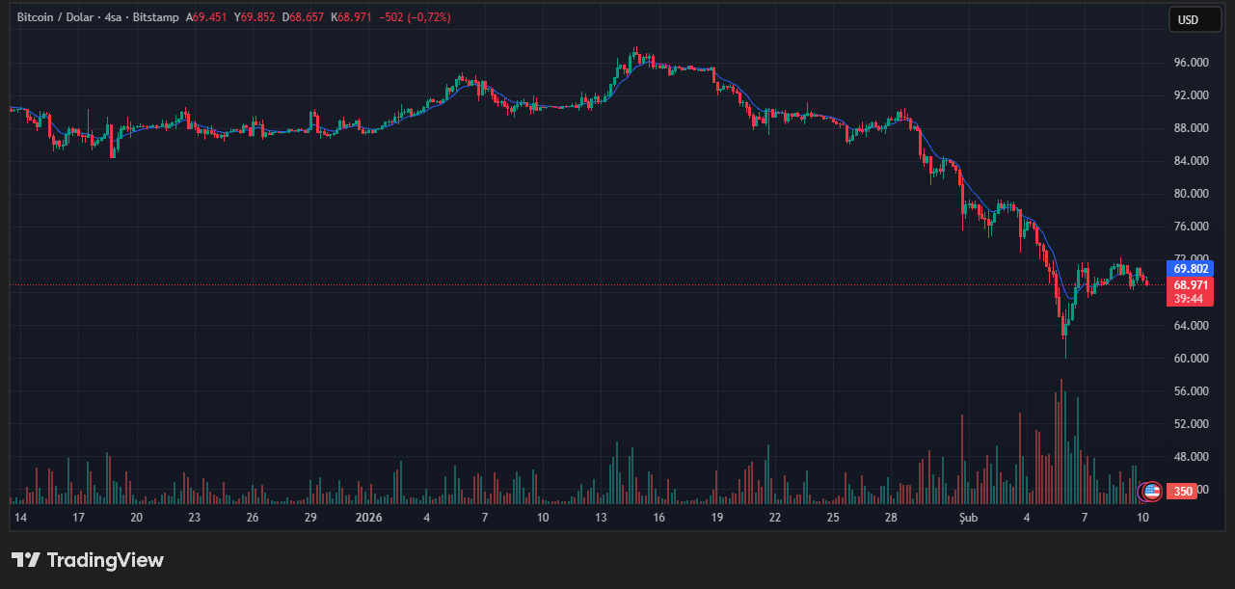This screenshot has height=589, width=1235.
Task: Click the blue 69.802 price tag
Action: (1189, 269)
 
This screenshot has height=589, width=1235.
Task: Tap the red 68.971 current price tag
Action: (1189, 285)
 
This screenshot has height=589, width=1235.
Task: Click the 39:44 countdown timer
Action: (1189, 299)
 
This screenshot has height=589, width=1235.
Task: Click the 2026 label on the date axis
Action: (369, 518)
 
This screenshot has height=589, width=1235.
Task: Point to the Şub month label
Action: (969, 518)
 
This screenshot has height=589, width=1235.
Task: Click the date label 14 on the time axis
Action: (20, 518)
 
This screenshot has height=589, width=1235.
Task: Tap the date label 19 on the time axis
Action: (717, 518)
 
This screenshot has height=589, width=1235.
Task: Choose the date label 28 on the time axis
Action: (892, 518)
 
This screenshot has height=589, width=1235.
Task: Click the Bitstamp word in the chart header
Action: (156, 17)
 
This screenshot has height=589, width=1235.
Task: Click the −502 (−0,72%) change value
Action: (415, 17)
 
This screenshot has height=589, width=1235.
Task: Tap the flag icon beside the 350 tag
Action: (1150, 492)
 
